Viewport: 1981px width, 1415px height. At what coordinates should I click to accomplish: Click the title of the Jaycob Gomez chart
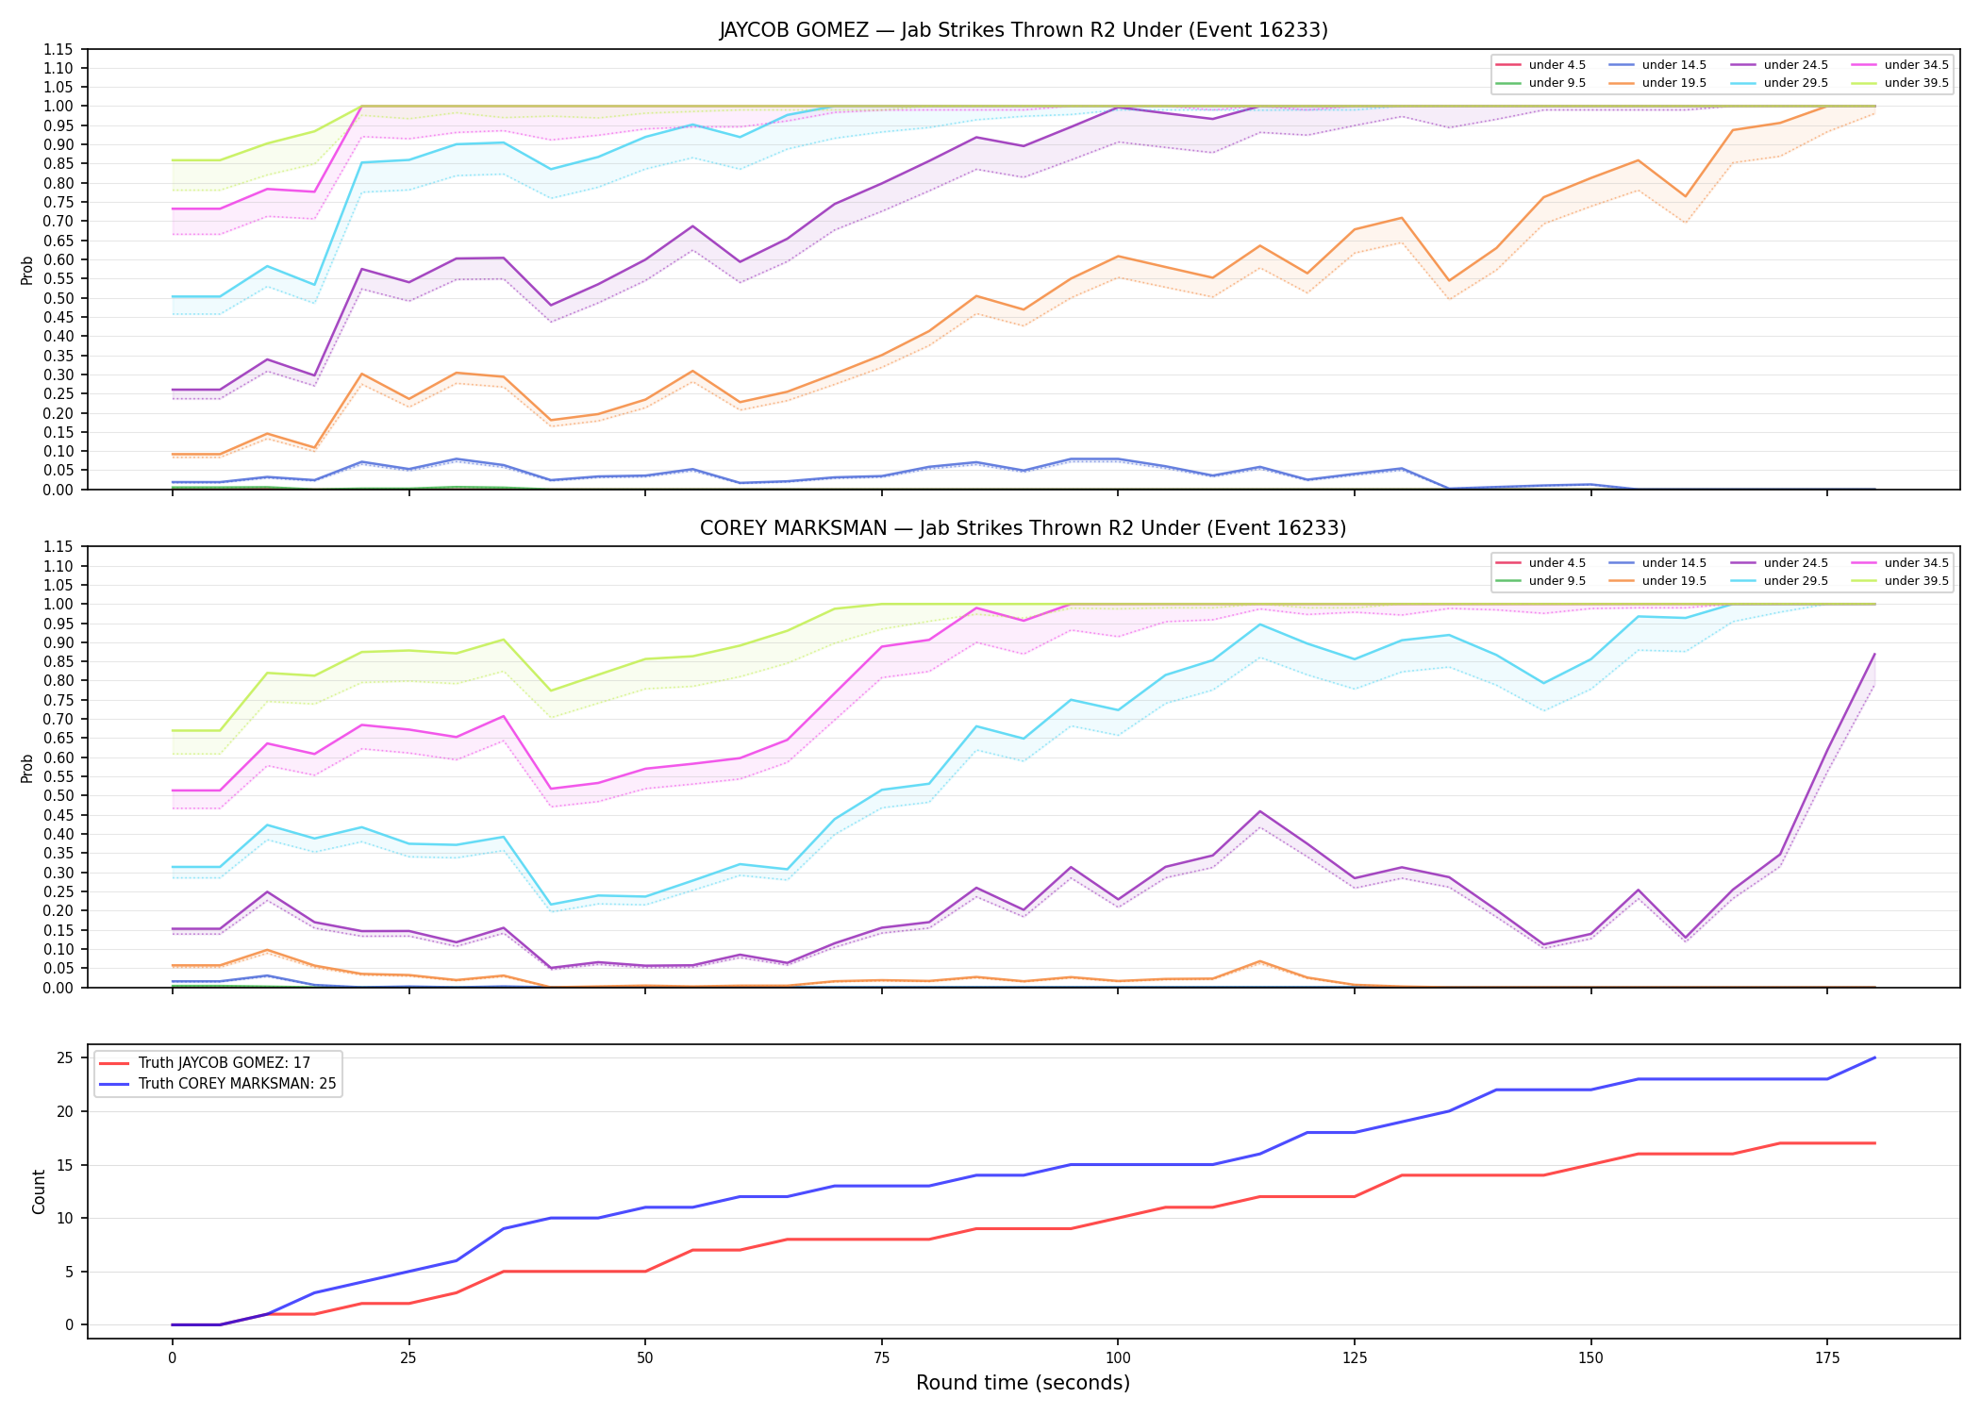[x=1024, y=30]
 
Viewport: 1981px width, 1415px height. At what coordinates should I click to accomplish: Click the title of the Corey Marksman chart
[x=1024, y=528]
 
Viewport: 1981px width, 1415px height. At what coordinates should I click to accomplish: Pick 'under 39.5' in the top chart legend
[x=1917, y=83]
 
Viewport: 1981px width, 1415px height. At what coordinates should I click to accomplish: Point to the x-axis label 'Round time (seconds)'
[x=1024, y=1383]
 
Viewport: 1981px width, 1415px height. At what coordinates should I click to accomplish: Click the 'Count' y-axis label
[x=39, y=1191]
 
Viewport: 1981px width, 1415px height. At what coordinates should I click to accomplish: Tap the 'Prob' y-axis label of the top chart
[x=27, y=270]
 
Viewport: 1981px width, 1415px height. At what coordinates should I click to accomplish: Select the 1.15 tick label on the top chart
[x=58, y=49]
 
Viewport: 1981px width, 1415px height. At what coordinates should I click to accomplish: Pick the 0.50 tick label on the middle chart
[x=58, y=795]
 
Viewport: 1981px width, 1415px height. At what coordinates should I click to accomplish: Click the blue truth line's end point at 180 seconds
[x=1874, y=1057]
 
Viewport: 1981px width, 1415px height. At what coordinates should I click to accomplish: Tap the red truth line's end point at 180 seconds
[x=1874, y=1143]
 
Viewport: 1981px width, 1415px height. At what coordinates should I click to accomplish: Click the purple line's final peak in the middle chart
[x=1874, y=654]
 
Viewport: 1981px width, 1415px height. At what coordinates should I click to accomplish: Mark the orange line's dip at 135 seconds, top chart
[x=1449, y=281]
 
